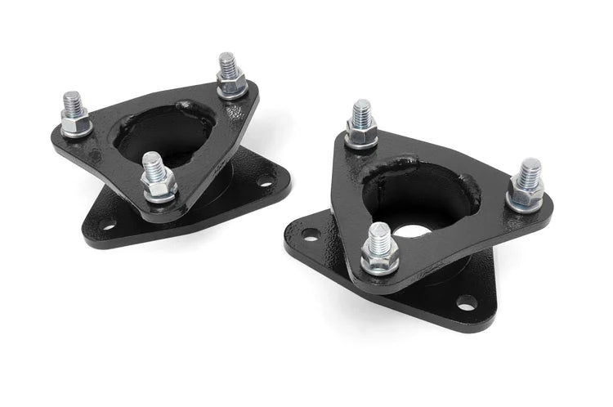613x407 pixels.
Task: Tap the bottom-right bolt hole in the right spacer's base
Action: coord(467,303)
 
